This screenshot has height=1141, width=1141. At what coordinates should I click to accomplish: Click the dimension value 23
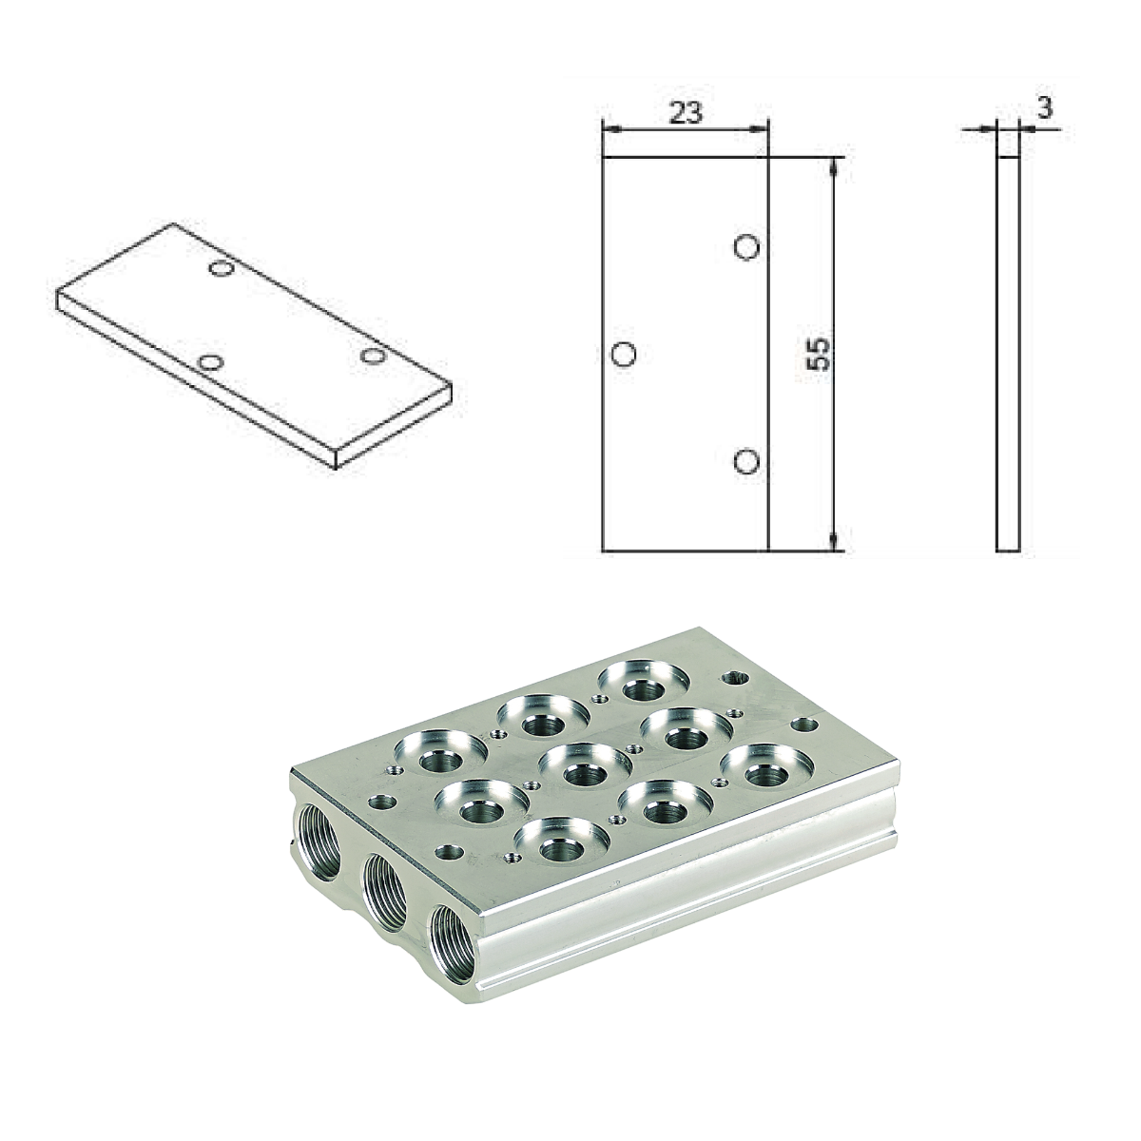pos(686,113)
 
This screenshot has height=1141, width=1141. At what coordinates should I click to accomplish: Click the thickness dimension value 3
pos(1044,107)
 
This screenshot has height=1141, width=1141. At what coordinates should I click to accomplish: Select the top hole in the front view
pos(748,247)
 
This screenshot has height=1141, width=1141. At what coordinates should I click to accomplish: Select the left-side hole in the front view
pos(624,355)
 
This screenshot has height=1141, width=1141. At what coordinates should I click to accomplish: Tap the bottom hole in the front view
pos(748,462)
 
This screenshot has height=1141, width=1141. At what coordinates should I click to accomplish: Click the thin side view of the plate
pos(1008,353)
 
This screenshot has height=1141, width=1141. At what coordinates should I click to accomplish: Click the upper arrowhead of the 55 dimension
pos(833,165)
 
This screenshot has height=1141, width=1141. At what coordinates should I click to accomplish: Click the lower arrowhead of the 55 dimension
pos(833,542)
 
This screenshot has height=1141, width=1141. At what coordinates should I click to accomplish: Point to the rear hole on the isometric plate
pos(222,270)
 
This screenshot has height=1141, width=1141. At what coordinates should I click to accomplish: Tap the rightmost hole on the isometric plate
pos(372,356)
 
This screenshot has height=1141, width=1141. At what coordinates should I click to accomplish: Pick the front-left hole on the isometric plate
pos(211,362)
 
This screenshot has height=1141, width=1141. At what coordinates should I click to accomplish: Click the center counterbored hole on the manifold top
pos(582,766)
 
